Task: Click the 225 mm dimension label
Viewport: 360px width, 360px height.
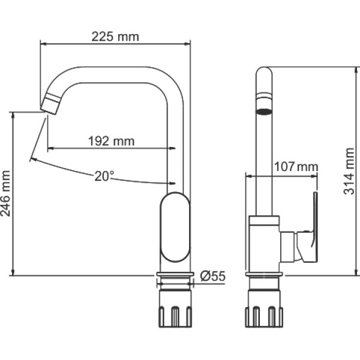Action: point(115,37)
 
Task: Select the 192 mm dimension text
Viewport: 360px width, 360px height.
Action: point(112,141)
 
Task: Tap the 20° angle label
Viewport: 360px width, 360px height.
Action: point(104,176)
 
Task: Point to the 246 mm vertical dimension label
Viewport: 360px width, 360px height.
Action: point(5,193)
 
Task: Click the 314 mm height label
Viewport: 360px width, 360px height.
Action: point(349,171)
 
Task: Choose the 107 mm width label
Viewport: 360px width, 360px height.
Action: point(296,167)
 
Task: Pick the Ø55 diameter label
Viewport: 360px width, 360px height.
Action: point(212,276)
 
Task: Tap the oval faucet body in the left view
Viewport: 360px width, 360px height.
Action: point(175,227)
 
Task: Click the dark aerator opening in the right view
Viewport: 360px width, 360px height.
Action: point(264,112)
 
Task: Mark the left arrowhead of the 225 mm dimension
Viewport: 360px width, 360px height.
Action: point(43,44)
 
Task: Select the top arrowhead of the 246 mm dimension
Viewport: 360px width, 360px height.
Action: point(13,115)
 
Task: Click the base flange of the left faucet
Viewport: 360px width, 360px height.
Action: point(175,275)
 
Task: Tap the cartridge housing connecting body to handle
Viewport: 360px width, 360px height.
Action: point(287,247)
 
